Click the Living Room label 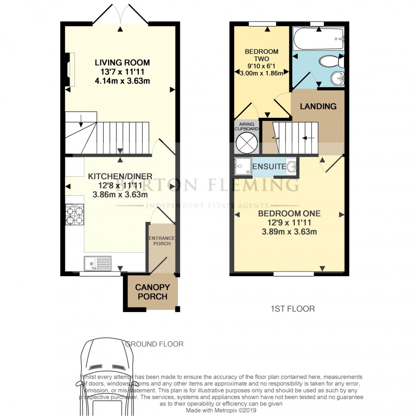point(122,63)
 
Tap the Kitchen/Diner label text point(120,176)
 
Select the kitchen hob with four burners point(74,215)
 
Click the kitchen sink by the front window point(97,263)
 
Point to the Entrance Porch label point(162,241)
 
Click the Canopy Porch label point(152,292)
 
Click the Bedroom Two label point(261,55)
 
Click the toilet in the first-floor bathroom point(330,62)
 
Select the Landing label point(318,106)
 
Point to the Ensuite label point(269,167)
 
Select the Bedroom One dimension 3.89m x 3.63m point(289,232)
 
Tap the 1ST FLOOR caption point(292,309)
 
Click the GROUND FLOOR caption point(154,344)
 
